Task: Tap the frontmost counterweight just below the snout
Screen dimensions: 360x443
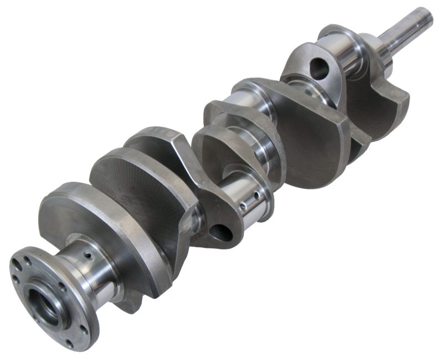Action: (382, 105)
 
